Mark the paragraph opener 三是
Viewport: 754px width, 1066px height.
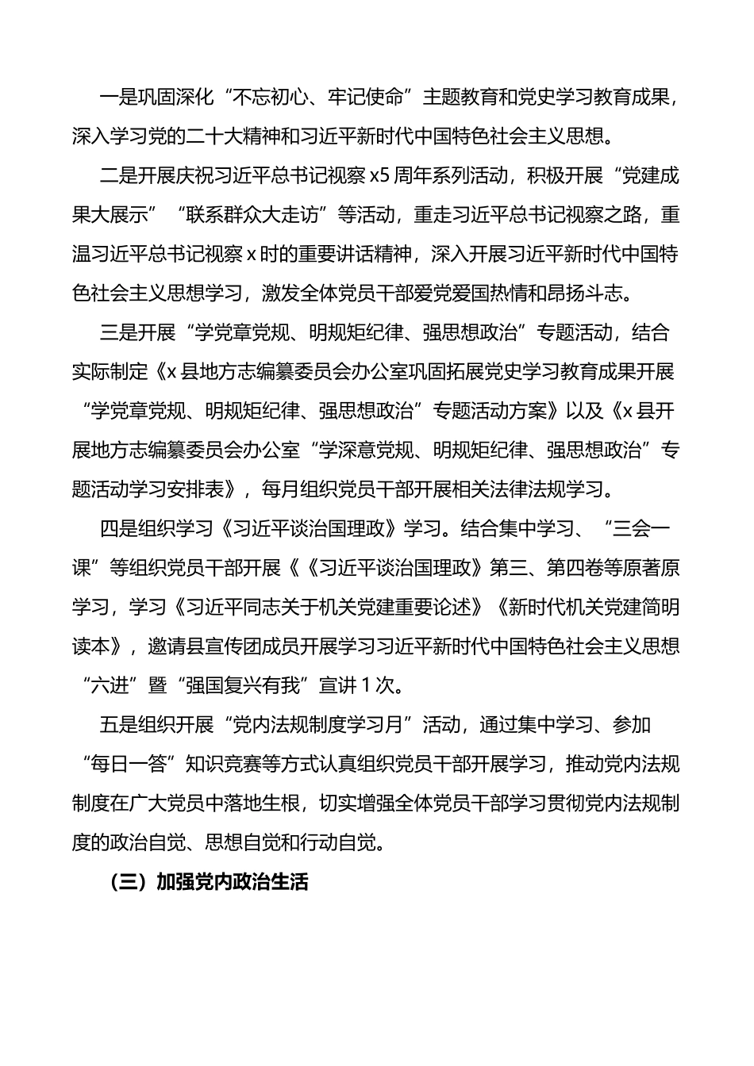(119, 333)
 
